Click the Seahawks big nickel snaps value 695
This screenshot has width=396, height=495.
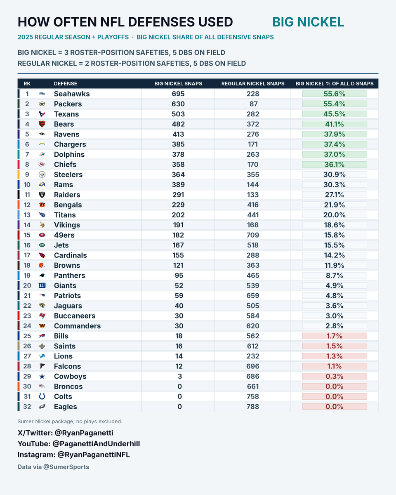click(x=178, y=94)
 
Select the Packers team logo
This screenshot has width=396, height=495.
click(x=42, y=104)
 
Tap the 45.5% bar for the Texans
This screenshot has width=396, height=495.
click(x=335, y=114)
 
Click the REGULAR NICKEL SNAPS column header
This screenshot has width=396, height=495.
click(x=252, y=83)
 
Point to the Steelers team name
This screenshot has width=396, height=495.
click(x=68, y=174)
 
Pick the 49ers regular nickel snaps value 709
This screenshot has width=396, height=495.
click(x=252, y=235)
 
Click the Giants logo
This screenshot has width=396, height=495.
click(x=42, y=285)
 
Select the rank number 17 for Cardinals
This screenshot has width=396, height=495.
click(x=27, y=255)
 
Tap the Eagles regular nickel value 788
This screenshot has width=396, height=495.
click(x=252, y=407)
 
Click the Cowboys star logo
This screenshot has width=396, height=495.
click(x=42, y=376)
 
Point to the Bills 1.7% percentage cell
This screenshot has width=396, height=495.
click(x=335, y=336)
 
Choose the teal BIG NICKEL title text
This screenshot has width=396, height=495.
click(x=308, y=22)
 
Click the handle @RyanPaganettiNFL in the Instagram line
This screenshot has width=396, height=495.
click(x=93, y=455)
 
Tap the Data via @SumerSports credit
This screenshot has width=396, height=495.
click(x=53, y=467)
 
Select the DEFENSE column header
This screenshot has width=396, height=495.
click(x=66, y=83)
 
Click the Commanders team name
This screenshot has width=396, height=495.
click(x=77, y=326)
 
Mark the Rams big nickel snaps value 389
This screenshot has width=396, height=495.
click(x=178, y=185)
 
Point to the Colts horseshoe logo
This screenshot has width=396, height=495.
click(x=42, y=396)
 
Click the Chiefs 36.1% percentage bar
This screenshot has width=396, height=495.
click(x=335, y=165)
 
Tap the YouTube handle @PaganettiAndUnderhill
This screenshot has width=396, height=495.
click(x=96, y=444)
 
